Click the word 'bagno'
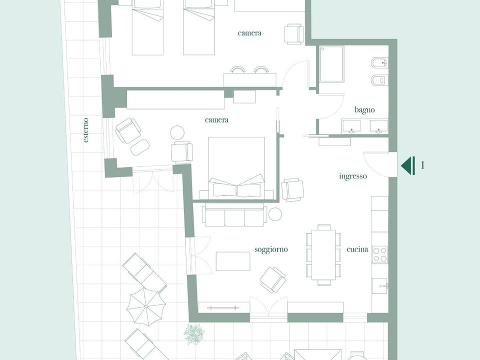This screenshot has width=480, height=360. (x=364, y=110)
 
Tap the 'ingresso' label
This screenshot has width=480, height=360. (x=353, y=176)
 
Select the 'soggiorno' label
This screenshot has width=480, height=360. (x=271, y=249)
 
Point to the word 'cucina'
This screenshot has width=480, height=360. (x=357, y=249)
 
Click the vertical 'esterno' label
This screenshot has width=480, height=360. (x=86, y=130)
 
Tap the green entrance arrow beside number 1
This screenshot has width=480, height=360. (x=408, y=165)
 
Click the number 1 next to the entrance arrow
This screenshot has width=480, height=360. (x=423, y=165)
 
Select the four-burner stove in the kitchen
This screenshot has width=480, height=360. (x=379, y=254)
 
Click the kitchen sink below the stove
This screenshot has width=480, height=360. (x=380, y=286)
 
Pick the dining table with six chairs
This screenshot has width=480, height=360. (x=323, y=255)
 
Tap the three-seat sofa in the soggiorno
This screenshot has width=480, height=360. (x=234, y=215)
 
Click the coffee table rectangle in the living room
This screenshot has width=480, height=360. (x=233, y=261)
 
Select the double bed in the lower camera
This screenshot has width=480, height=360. (x=236, y=167)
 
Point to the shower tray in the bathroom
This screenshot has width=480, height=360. (x=332, y=64)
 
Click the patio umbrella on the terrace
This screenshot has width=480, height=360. (x=146, y=306)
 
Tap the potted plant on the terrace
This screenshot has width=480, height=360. (x=194, y=333)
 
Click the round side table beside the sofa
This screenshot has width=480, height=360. (x=275, y=214)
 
